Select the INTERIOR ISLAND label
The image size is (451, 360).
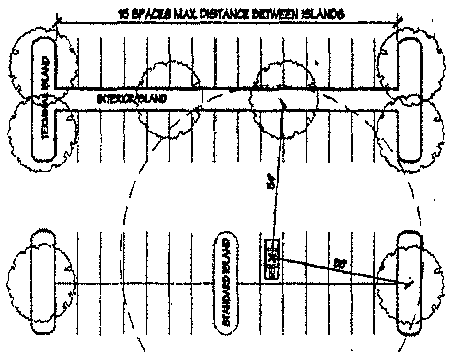(132, 99)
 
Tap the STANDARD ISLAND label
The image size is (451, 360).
(226, 282)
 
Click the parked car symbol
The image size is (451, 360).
(272, 259)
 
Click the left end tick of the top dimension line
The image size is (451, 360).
(57, 21)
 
